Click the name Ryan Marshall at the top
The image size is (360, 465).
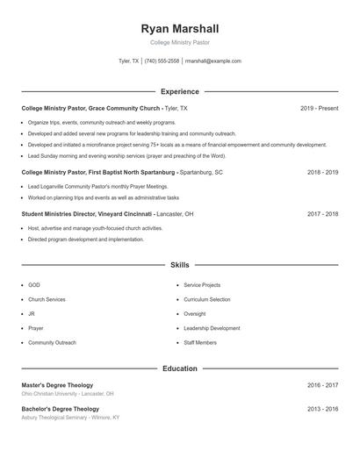click(180, 29)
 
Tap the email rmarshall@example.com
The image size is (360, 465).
click(213, 61)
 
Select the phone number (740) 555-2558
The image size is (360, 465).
click(162, 61)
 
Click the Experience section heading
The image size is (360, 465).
click(180, 91)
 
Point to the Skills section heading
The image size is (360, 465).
click(180, 264)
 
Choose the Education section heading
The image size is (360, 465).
click(180, 368)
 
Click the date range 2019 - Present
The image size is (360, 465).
click(319, 108)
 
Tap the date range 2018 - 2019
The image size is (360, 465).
click(322, 173)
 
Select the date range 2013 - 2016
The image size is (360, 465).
click(322, 409)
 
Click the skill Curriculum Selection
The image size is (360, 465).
click(207, 299)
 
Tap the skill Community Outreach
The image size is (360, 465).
click(52, 342)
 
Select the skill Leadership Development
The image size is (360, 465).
click(212, 328)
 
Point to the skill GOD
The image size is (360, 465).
click(34, 285)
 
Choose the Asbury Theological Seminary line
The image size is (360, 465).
click(70, 418)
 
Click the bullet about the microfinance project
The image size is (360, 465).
click(176, 145)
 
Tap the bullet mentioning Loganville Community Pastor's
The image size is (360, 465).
click(97, 187)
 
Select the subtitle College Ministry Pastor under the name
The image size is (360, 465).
click(180, 42)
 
